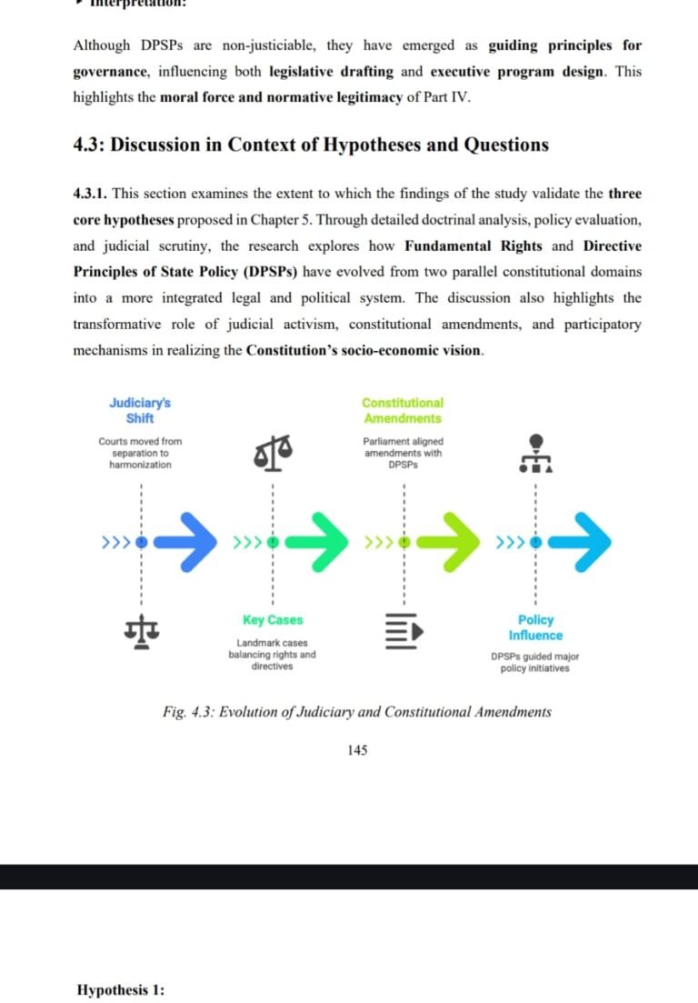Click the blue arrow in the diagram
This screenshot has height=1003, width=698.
(189, 543)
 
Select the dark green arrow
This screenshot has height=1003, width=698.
(319, 543)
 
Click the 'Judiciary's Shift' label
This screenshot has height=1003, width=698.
(139, 410)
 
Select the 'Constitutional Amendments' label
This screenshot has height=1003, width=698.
(403, 410)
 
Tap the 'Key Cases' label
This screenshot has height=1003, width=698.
(273, 620)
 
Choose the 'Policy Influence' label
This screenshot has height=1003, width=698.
(535, 627)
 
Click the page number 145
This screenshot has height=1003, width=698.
(357, 750)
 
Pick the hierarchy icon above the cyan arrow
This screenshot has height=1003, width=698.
(536, 453)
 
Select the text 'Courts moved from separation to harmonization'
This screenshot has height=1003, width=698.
(140, 453)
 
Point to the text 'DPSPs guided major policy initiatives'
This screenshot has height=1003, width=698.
(535, 662)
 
